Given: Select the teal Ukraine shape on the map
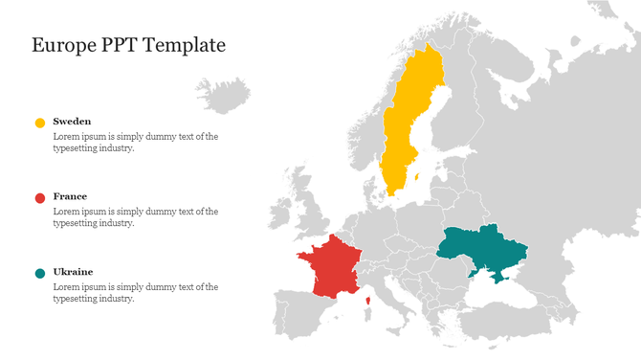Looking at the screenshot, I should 483,250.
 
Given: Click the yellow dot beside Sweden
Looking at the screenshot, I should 40,123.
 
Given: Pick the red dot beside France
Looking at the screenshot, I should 40,197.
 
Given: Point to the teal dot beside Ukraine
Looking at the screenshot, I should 40,273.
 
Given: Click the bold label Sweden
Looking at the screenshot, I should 72,122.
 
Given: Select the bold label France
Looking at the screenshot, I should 70,196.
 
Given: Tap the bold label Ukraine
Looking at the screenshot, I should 73,272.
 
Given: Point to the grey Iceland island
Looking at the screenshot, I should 223,95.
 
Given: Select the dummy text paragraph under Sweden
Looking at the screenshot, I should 135,142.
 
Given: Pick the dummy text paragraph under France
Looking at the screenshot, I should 135,217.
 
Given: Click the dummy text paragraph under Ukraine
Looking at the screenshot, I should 135,292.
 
